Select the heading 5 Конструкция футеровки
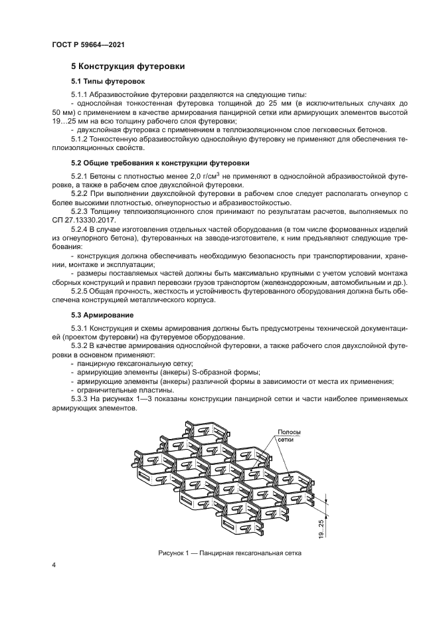point(128,66)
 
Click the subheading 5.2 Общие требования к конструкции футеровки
point(160,163)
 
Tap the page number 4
point(54,565)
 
